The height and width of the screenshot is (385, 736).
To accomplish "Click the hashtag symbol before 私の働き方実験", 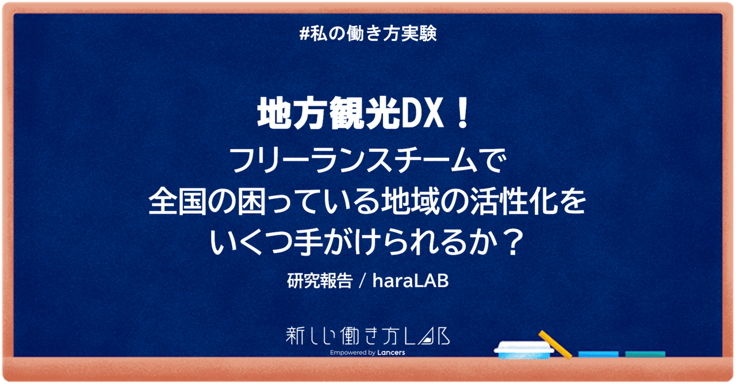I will point(305,34).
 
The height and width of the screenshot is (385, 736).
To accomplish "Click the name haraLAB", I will point(411,282).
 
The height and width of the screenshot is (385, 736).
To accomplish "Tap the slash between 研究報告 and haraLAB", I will point(362,282).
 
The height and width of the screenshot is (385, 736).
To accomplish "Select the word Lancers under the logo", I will point(390,352).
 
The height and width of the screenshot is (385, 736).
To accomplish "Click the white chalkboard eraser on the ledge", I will point(525,350).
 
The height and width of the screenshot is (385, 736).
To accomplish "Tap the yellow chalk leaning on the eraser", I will point(555,343).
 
